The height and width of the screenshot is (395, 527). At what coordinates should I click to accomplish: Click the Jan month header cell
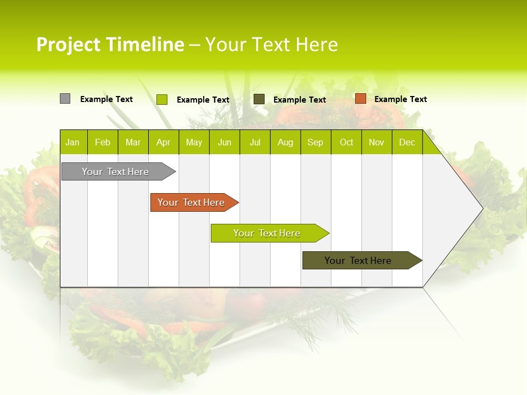click(x=73, y=142)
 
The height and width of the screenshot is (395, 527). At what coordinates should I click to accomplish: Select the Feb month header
click(x=103, y=142)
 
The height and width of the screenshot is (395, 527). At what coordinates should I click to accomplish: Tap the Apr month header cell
click(x=163, y=142)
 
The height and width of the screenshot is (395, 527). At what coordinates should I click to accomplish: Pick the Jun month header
click(x=225, y=142)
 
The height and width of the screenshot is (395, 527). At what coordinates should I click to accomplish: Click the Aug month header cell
click(x=285, y=142)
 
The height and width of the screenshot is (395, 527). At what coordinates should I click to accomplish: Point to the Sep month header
click(x=315, y=142)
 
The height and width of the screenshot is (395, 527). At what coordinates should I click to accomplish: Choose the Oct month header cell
click(x=346, y=142)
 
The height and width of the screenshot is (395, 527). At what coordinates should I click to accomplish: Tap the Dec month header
click(x=407, y=142)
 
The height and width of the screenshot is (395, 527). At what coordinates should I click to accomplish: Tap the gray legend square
click(x=65, y=99)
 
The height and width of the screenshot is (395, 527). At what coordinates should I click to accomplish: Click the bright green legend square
click(x=161, y=99)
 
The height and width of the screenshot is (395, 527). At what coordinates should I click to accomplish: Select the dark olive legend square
click(x=259, y=99)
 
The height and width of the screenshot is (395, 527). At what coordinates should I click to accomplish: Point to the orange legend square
click(x=360, y=99)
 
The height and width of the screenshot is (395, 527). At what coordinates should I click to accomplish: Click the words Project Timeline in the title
click(x=110, y=44)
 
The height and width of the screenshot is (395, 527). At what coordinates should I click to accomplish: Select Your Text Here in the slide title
click(x=271, y=44)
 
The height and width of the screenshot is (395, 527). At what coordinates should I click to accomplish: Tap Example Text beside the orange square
click(x=400, y=99)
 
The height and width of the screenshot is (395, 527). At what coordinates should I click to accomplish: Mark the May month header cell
click(x=194, y=142)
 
